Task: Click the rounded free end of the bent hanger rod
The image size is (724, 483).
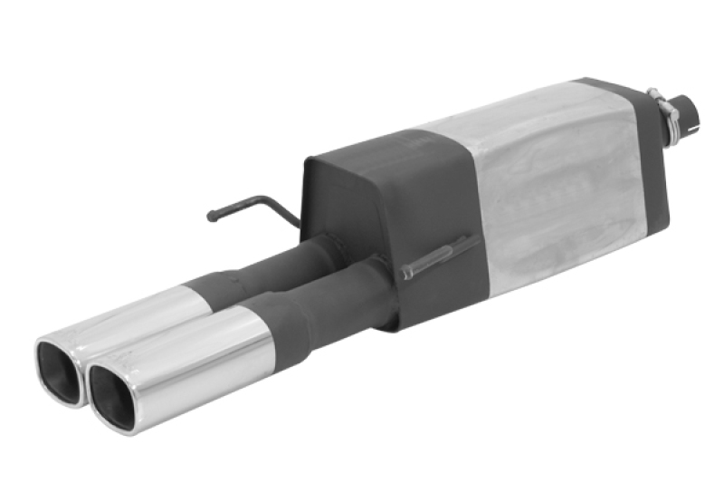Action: [211, 217]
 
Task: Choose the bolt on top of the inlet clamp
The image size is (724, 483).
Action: [653, 91]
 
